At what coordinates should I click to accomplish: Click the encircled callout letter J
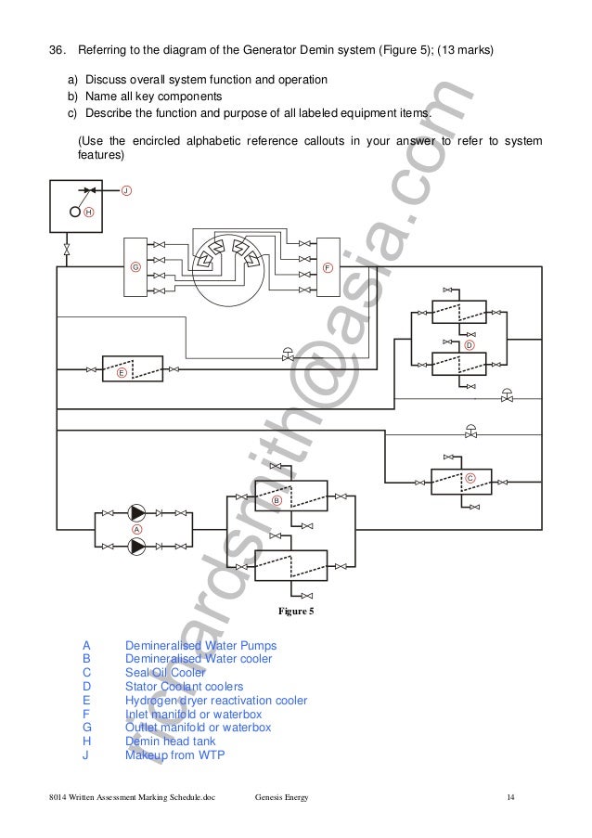point(126,190)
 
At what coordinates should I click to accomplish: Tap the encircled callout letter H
point(89,212)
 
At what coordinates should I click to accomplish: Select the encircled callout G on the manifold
point(135,266)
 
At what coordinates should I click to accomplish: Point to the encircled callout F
point(328,266)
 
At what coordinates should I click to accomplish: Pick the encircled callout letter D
point(470,344)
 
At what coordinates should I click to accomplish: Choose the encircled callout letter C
point(470,477)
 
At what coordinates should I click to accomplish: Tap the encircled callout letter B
point(277,500)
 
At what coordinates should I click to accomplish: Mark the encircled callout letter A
point(137,529)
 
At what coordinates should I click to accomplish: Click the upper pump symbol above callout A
point(137,512)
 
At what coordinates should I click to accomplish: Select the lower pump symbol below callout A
point(137,546)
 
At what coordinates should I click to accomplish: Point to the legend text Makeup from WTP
point(174,755)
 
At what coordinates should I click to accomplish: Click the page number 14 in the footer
point(510,798)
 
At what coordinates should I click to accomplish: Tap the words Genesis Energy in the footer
point(282,798)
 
